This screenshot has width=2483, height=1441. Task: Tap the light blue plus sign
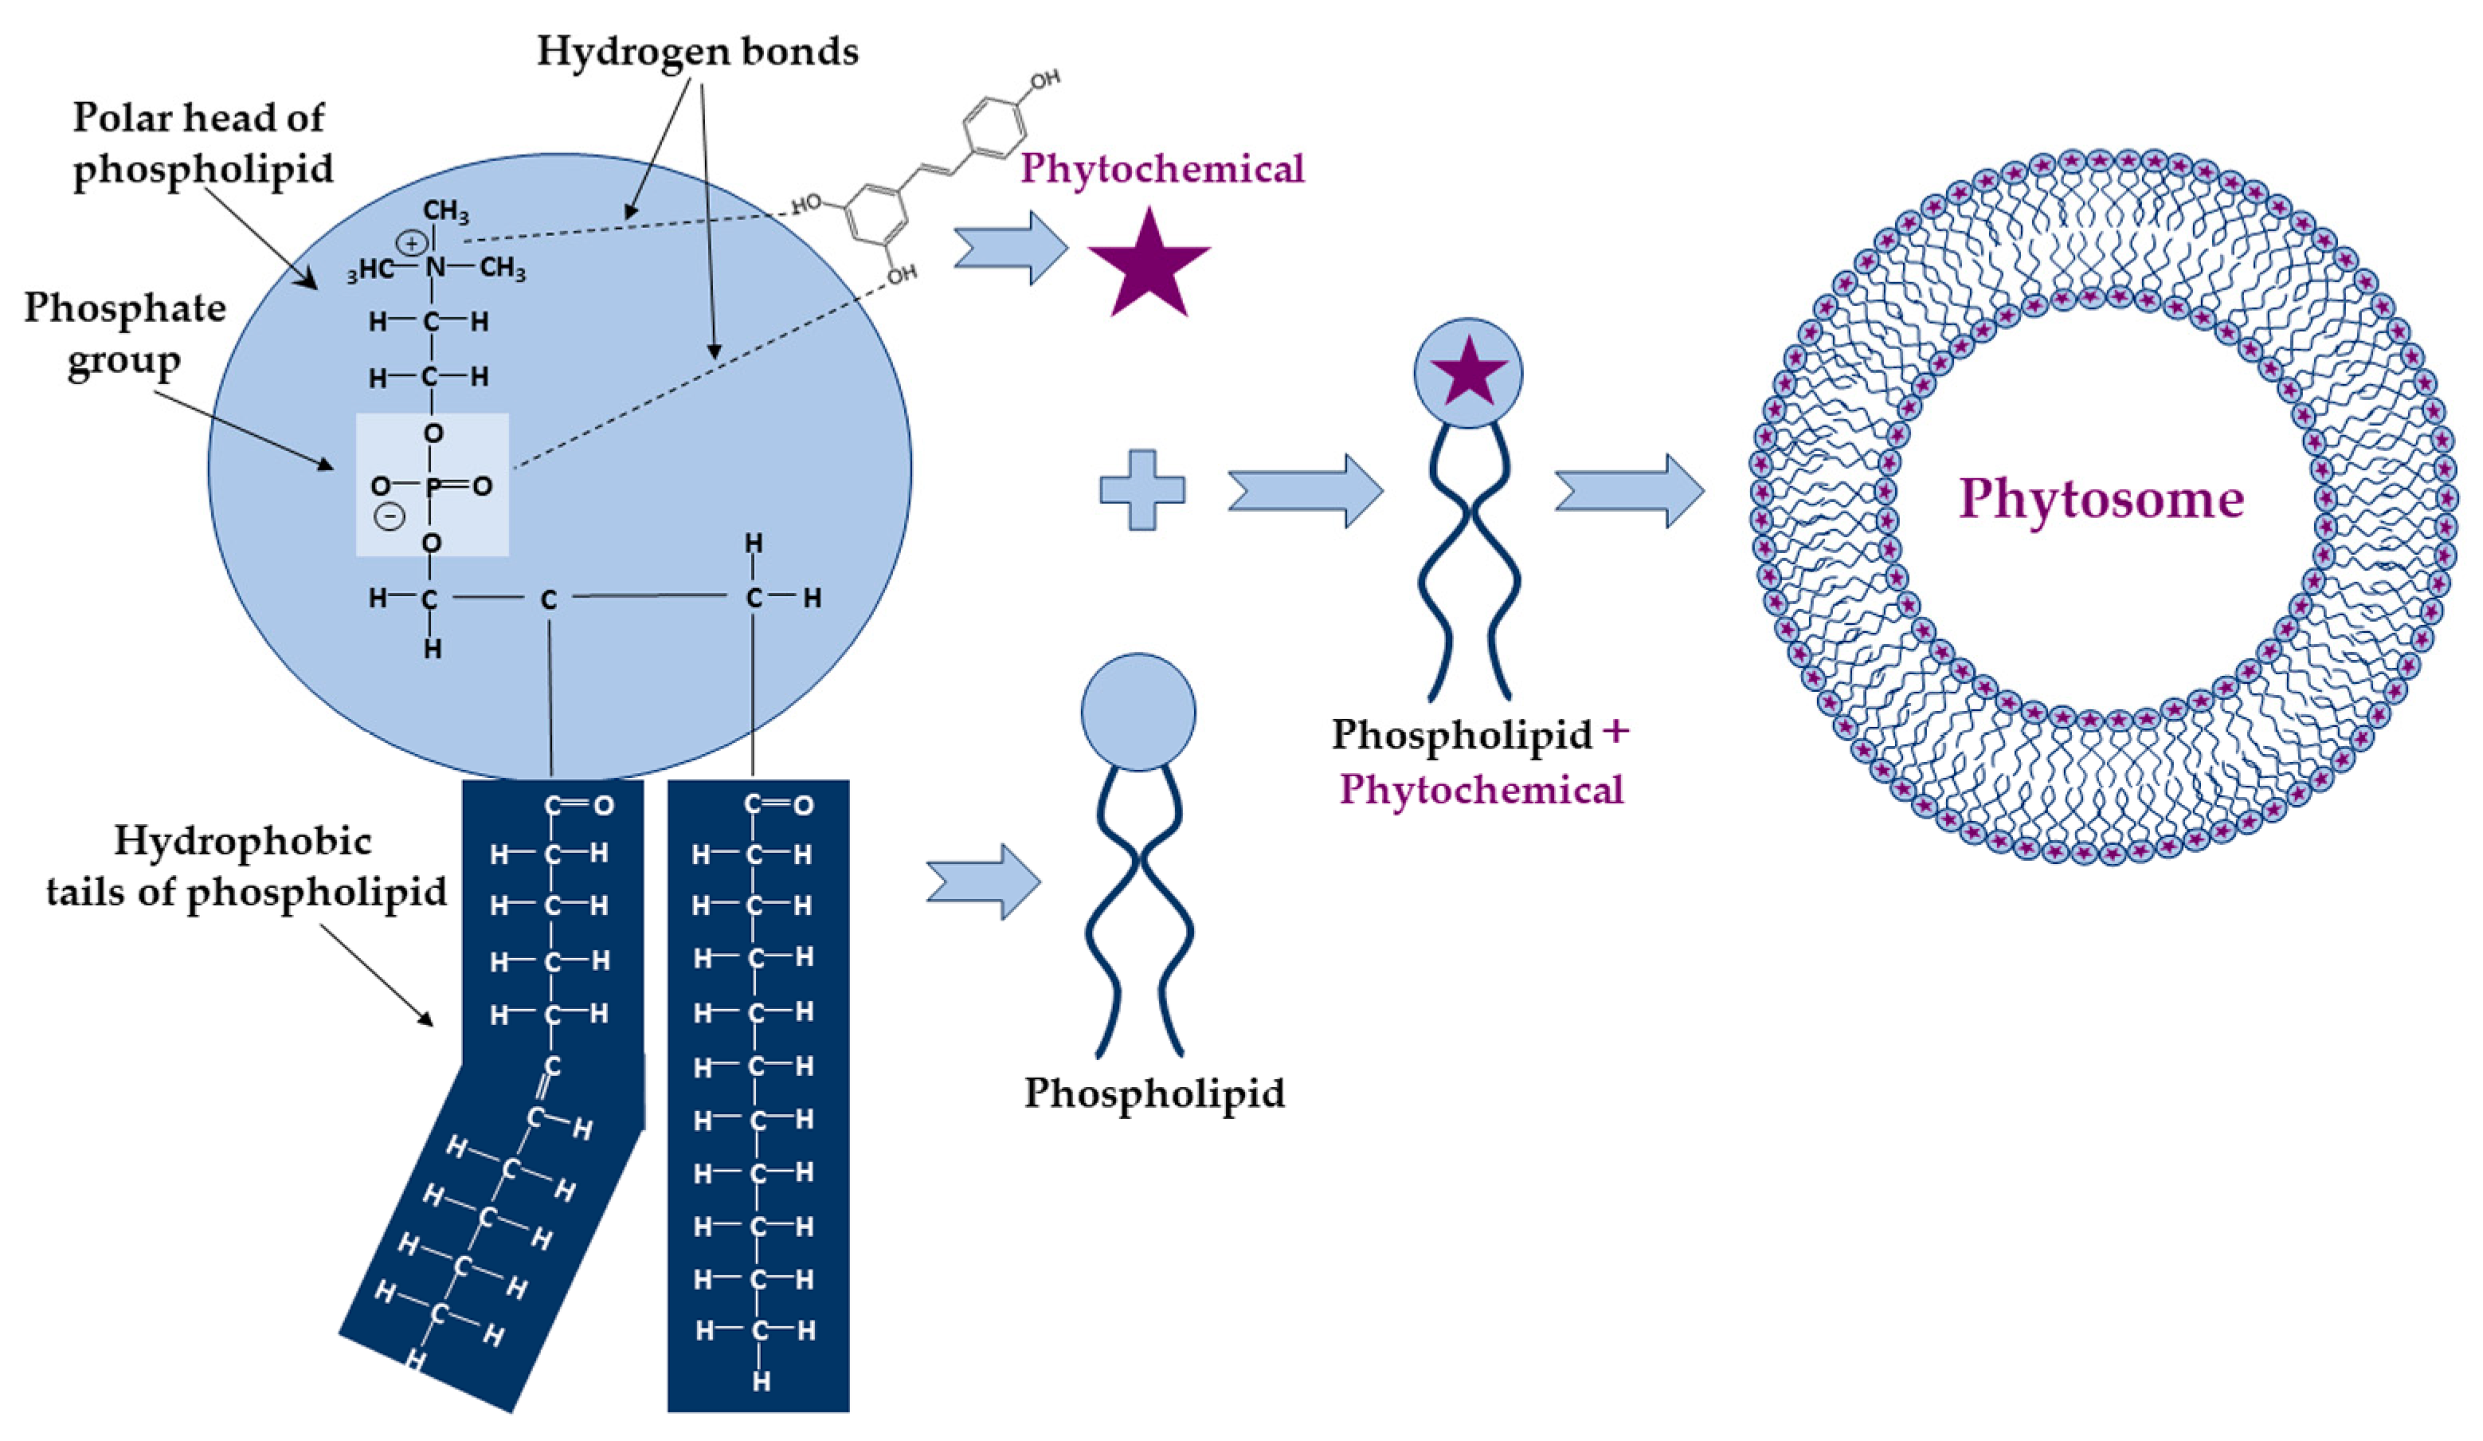(1142, 490)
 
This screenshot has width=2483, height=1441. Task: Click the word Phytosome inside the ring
(2101, 498)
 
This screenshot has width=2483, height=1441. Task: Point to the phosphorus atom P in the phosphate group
(433, 486)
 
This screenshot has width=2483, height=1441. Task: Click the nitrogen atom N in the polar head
(434, 267)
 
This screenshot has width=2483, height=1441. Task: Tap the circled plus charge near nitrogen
(412, 242)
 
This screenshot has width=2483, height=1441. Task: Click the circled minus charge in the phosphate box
(391, 516)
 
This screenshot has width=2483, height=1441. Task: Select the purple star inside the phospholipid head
(1468, 372)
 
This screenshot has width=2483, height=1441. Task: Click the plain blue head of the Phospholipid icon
(1138, 712)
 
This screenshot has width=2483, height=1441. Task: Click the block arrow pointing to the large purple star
(1010, 247)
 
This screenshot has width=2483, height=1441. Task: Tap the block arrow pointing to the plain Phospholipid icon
(983, 882)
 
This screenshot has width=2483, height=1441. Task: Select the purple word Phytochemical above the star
(1161, 168)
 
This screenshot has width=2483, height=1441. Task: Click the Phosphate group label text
(125, 334)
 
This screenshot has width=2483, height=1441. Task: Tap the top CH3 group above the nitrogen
(445, 211)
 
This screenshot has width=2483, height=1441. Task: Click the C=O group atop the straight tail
(777, 805)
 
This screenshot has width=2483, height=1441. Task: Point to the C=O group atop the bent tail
(578, 805)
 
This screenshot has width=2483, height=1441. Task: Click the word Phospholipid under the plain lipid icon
(1153, 1092)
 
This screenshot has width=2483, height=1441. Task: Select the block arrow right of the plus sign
(1305, 490)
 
